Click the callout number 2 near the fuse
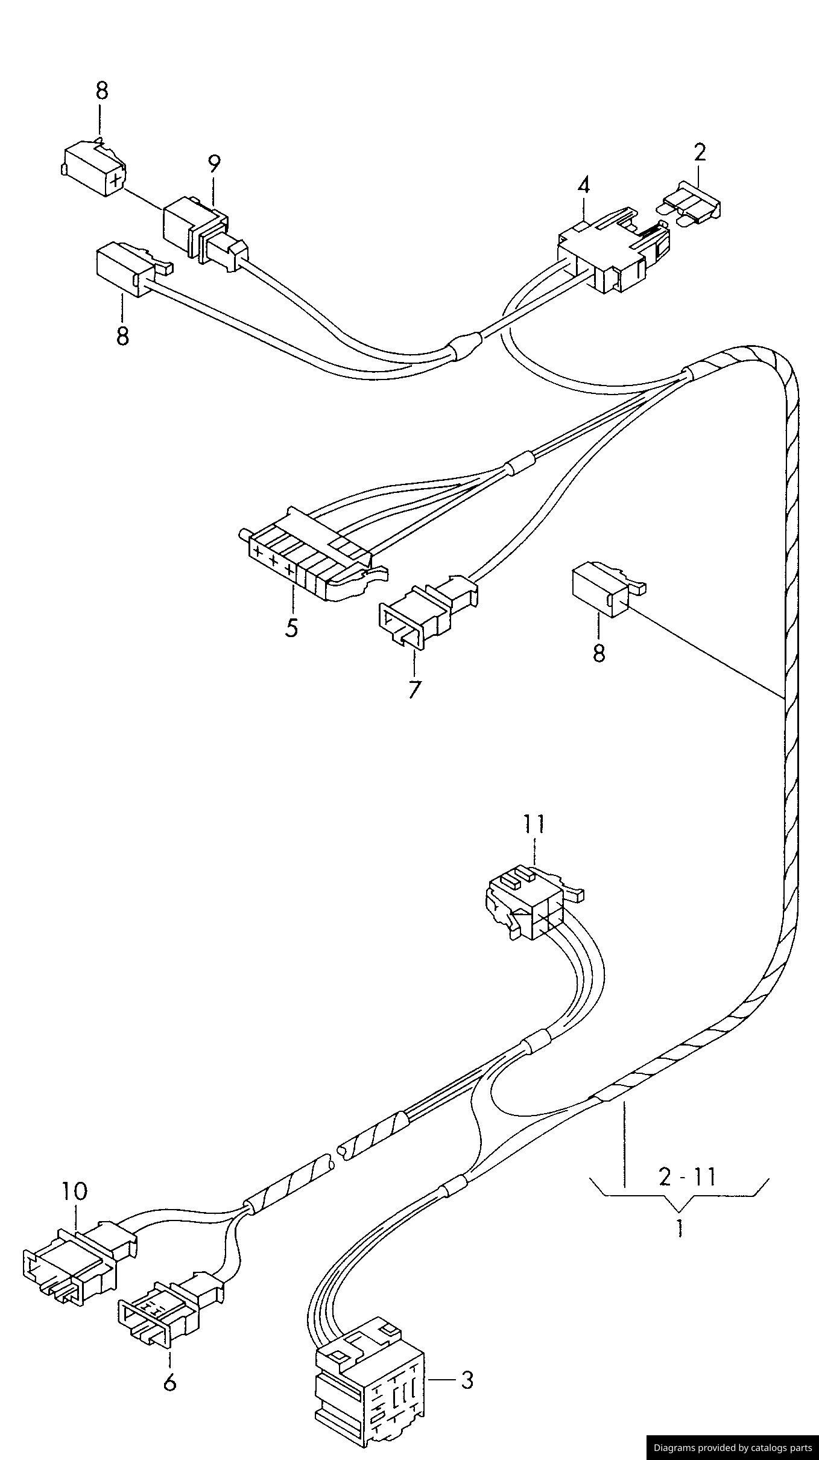[699, 153]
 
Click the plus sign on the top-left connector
[116, 179]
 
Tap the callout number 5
[291, 627]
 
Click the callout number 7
[413, 689]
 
